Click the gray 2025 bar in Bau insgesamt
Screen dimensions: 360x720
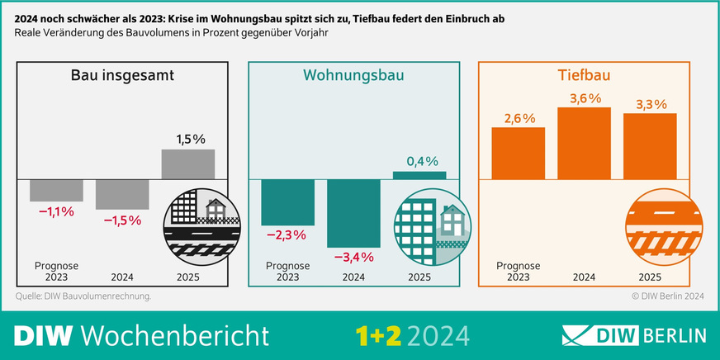188,163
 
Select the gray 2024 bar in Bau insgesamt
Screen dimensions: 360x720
122,193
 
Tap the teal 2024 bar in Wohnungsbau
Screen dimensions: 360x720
353,212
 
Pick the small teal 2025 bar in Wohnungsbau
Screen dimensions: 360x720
419,175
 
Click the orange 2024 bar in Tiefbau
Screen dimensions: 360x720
584,142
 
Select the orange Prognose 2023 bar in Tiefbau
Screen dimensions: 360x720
519,153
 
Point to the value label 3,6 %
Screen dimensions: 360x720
584,97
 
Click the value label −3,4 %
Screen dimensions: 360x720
353,257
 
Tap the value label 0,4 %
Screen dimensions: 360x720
420,161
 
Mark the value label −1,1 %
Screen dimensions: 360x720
56,212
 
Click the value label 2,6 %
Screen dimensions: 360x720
519,118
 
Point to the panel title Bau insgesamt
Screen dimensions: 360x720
121,78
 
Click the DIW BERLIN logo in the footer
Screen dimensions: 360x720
633,335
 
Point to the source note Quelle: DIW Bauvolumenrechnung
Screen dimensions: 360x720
83,295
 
